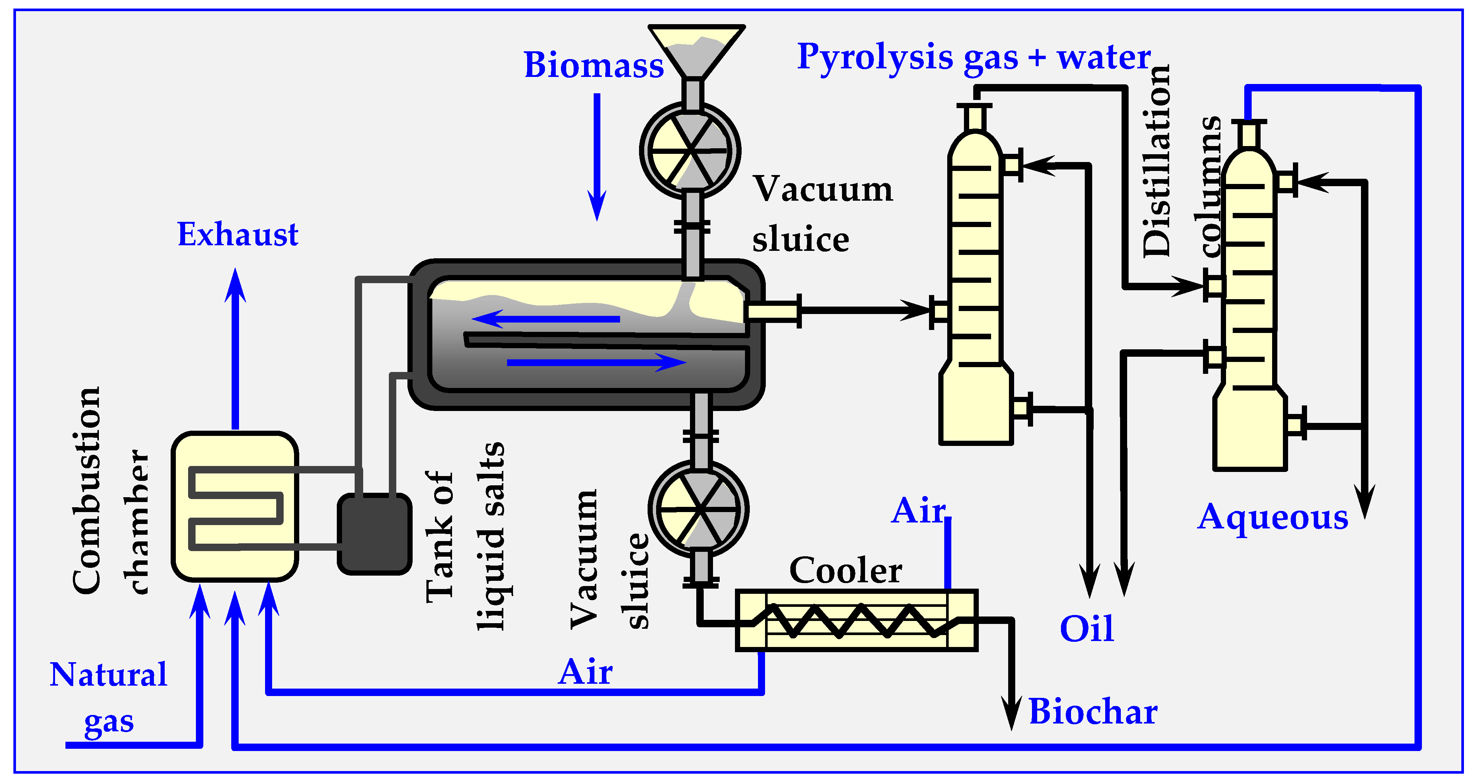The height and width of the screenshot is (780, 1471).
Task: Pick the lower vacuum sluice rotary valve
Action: coord(699,508)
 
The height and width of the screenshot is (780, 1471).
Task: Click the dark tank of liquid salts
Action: coord(375,534)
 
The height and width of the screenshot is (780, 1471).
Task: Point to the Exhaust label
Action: coord(238,234)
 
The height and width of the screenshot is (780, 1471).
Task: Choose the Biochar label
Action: coord(1093,712)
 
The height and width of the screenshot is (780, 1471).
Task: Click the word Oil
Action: coord(1086,629)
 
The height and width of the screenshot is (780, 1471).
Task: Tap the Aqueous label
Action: coord(1272,517)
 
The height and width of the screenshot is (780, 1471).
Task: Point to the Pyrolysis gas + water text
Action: coord(974,58)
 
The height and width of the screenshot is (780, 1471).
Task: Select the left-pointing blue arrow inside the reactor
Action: coord(545,318)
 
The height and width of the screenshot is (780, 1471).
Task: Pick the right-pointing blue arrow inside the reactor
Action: coord(597,362)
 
